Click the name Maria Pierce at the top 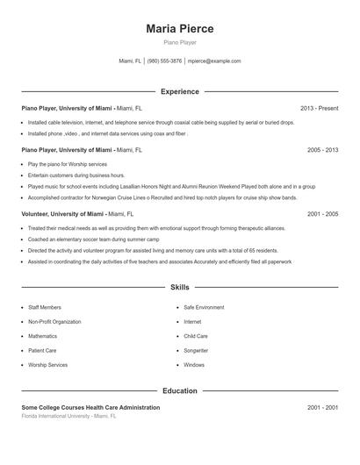coord(179,28)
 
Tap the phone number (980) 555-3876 coord(164,61)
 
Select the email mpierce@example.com coord(214,61)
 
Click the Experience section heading coord(179,91)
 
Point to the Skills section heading coord(179,287)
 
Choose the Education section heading coord(179,390)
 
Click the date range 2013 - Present coord(319,108)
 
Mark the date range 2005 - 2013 coord(322,150)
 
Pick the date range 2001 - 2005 coord(322,213)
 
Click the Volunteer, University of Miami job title coord(63,213)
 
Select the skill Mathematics coord(42,336)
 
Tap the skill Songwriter coord(196,350)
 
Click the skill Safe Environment coord(204,308)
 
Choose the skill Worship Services coord(47,364)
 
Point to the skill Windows coord(194,364)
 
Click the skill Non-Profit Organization coord(54,322)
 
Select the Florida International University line coord(68,416)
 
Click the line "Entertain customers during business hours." coord(76,175)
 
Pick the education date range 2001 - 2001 coord(322,407)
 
